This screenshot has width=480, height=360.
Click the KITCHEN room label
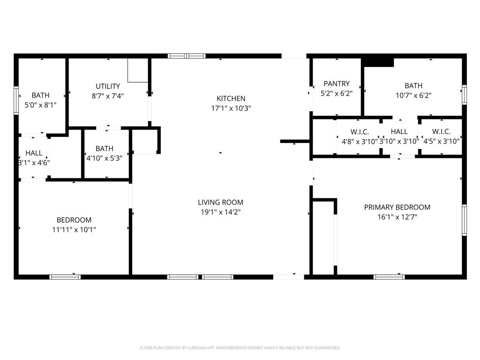[231, 98]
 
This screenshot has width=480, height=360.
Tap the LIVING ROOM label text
[220, 202]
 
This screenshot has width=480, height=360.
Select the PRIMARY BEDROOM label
[397, 207]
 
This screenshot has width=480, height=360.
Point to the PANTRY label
[337, 83]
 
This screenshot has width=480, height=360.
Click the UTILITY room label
[108, 86]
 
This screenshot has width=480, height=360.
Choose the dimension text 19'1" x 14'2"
[220, 212]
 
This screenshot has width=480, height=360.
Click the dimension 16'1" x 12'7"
[397, 217]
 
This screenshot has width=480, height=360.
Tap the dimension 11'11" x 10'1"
[74, 230]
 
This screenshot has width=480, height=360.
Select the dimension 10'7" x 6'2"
[413, 95]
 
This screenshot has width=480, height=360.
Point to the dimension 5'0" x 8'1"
[40, 105]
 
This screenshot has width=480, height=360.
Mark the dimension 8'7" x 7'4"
[108, 96]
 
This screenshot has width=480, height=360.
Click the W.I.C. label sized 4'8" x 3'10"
[360, 132]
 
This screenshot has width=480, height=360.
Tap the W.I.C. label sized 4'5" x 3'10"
[441, 132]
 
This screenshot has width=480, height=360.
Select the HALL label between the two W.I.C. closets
[399, 132]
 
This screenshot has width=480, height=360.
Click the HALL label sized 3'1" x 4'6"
[34, 153]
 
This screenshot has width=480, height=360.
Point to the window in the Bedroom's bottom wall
[65, 277]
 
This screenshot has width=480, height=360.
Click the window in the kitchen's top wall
[187, 56]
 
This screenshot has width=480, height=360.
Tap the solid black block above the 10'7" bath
[378, 61]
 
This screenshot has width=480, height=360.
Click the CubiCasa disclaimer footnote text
[240, 348]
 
